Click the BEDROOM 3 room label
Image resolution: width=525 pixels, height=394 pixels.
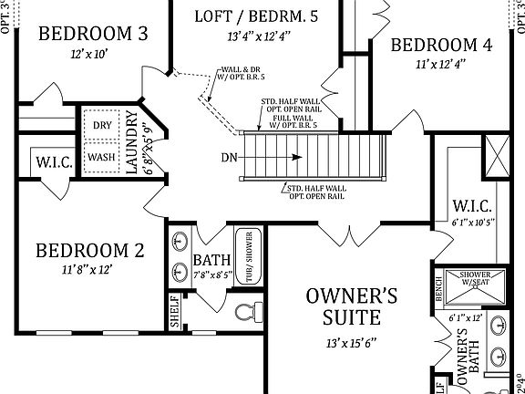[x=94, y=34]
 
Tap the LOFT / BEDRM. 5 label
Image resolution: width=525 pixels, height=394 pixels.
[x=257, y=16]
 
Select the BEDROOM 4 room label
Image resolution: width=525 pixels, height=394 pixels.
[x=441, y=45]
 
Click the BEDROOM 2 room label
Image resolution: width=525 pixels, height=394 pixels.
[x=91, y=251]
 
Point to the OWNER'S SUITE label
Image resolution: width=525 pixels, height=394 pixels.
[x=351, y=306]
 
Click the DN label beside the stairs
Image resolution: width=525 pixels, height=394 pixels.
[x=230, y=157]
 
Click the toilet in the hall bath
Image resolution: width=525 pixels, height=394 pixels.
[x=244, y=315]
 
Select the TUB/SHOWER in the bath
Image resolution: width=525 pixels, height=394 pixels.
[x=246, y=258]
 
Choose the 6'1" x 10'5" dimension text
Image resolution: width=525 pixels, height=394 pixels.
[x=473, y=222]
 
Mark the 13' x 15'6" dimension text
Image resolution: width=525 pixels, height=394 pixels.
[x=351, y=345]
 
